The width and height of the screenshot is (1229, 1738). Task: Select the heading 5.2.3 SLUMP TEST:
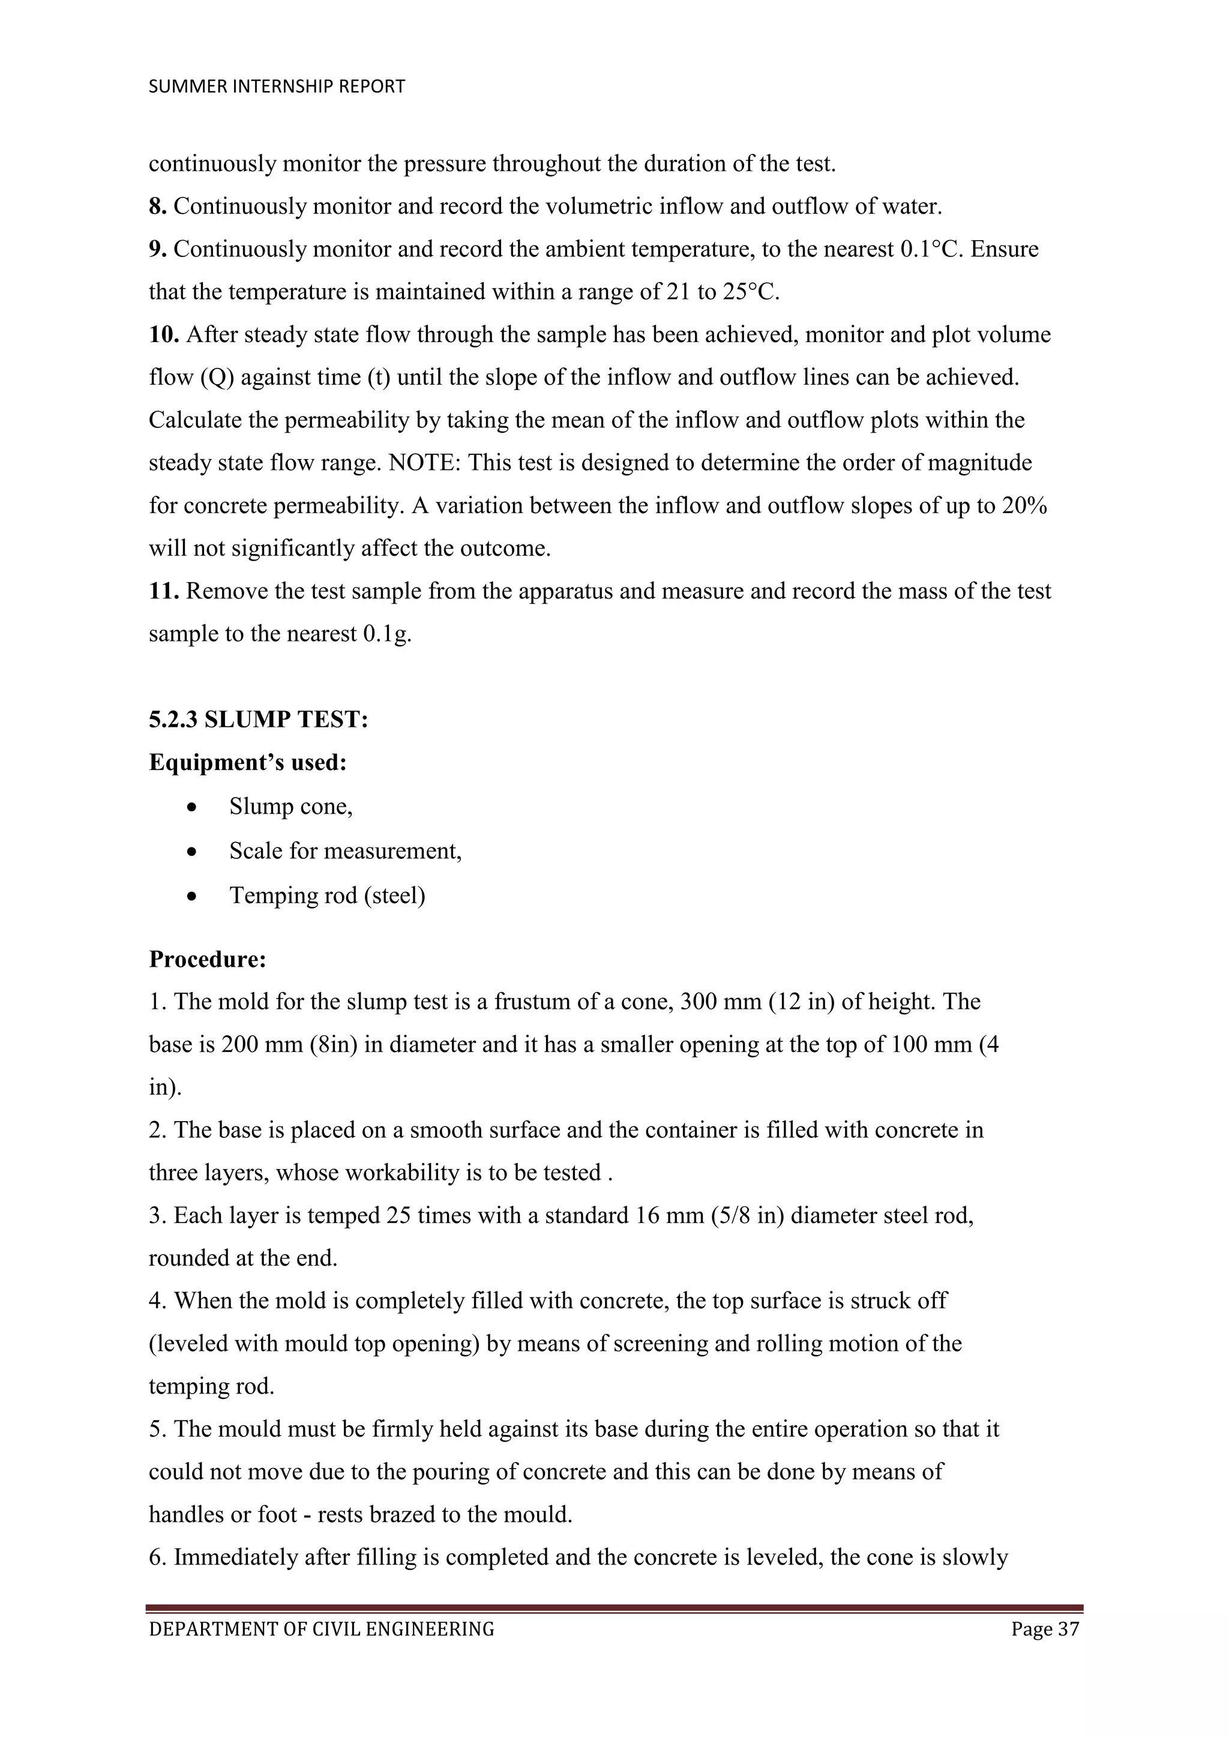(258, 719)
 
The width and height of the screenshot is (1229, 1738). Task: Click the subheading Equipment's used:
(247, 762)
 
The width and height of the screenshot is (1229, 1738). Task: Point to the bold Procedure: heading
(208, 959)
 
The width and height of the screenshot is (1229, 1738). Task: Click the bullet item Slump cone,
(290, 807)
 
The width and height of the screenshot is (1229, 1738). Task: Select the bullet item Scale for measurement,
(345, 851)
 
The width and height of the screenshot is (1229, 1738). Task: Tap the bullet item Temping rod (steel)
(327, 895)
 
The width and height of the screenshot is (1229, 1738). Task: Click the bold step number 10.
(163, 335)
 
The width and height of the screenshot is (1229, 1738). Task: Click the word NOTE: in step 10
(424, 463)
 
